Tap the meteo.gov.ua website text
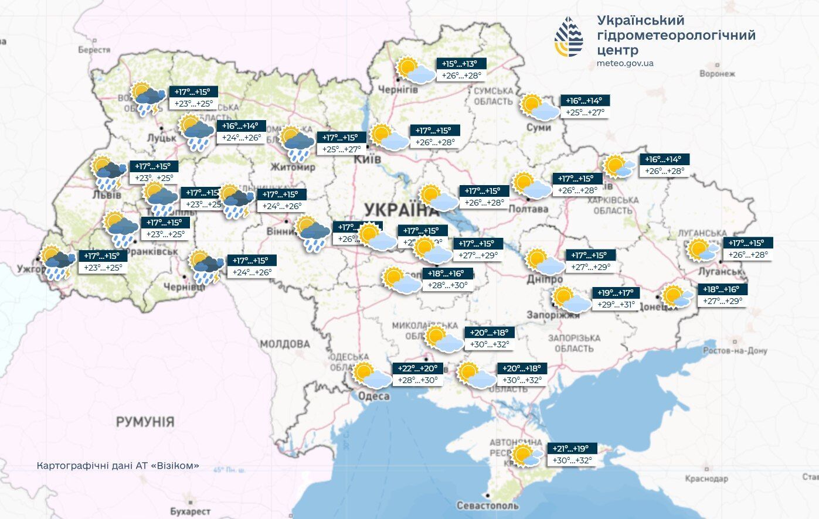[x=625, y=63]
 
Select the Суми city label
[x=538, y=127]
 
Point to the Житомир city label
[x=293, y=167]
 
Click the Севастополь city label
[x=487, y=505]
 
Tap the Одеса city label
[x=373, y=396]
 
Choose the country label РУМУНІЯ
[x=145, y=422]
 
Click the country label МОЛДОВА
[x=285, y=344]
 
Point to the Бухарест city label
[x=190, y=511]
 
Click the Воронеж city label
[x=716, y=74]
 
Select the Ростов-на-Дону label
[x=735, y=350]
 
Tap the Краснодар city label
[x=706, y=479]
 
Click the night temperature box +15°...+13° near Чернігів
[x=461, y=64]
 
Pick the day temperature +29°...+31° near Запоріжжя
[x=614, y=305]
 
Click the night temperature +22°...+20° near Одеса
[x=418, y=368]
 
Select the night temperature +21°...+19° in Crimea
[x=572, y=449]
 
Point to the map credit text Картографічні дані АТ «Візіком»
[x=118, y=466]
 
